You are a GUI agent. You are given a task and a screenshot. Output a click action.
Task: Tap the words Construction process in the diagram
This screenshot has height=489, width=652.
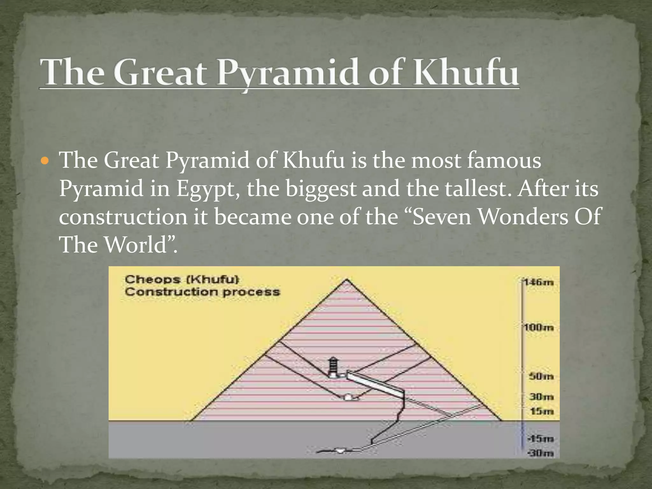202,292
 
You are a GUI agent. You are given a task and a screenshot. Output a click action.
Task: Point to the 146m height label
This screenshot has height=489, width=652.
539,282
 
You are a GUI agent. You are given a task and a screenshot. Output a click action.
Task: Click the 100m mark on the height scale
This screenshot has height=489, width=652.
539,328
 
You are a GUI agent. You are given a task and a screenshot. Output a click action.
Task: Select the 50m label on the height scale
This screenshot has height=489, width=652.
541,376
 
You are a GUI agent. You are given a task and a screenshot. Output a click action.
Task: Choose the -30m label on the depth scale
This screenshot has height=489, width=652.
541,453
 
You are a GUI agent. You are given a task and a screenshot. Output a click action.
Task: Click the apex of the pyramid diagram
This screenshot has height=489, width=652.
347,280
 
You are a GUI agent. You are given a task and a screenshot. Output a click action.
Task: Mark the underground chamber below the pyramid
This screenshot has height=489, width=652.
341,450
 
